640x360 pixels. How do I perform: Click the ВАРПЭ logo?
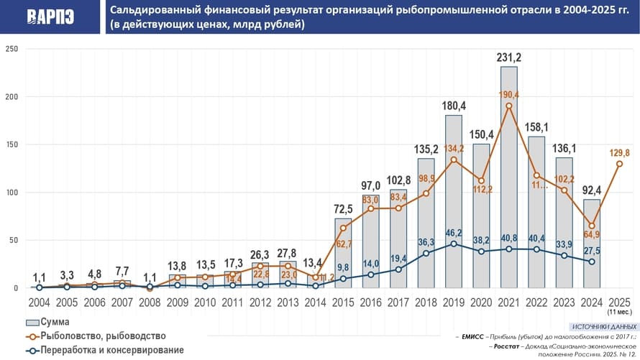click(x=50, y=17)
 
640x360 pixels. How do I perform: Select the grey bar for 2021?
click(x=508, y=180)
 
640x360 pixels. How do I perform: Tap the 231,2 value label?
click(x=508, y=57)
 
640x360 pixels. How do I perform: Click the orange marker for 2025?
click(x=619, y=164)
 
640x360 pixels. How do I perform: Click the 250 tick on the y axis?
click(x=12, y=49)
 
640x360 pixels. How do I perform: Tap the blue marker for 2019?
click(x=453, y=244)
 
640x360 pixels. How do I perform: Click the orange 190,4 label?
click(x=508, y=94)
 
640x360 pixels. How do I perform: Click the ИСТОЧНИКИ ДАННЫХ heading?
click(x=598, y=326)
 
